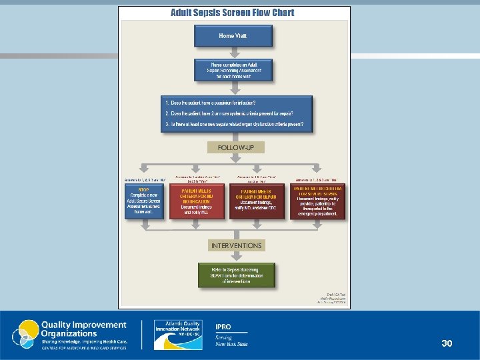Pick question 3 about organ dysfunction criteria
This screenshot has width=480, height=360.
coord(237,124)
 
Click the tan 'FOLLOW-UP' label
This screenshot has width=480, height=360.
coord(235,147)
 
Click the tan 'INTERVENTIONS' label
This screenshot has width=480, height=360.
coord(236,245)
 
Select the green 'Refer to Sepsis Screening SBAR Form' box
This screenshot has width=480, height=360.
coord(236,275)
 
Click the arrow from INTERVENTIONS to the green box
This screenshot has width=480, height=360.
coord(235,258)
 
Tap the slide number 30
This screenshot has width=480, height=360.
coord(447,343)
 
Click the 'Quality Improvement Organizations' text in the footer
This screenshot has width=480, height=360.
coord(84,329)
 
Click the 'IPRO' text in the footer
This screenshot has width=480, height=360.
coord(223,327)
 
